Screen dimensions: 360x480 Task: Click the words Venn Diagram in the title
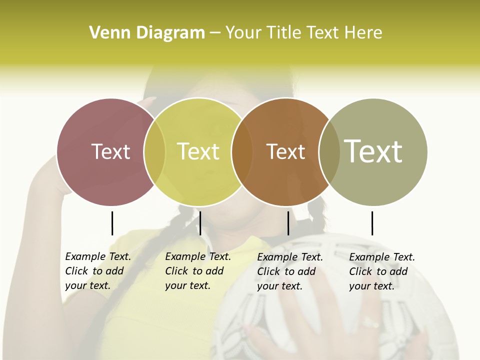(x=147, y=33)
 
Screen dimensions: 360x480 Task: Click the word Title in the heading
(x=283, y=33)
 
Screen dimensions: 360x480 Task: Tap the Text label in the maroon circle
(x=111, y=151)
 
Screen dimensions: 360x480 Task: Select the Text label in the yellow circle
(x=198, y=151)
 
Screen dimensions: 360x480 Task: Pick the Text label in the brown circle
(x=286, y=151)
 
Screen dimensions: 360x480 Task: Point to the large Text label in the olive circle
(x=373, y=151)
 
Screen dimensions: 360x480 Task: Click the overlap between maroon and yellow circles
(x=154, y=152)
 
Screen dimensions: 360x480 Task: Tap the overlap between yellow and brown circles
(x=242, y=152)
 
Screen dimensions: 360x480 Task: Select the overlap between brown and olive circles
(x=329, y=152)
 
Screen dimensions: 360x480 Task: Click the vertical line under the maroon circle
(x=112, y=223)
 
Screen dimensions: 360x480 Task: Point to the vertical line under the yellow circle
(x=200, y=223)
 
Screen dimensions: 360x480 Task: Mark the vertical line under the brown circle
(x=288, y=223)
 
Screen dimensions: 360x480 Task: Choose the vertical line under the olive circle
(x=372, y=223)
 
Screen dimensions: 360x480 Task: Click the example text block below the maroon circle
(x=97, y=271)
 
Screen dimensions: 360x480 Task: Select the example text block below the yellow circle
(x=197, y=271)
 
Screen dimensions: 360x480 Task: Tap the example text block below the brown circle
(x=289, y=271)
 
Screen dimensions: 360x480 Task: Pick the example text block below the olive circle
(x=381, y=271)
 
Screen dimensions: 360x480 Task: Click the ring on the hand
(x=370, y=322)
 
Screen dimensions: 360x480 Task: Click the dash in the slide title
(x=215, y=33)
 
